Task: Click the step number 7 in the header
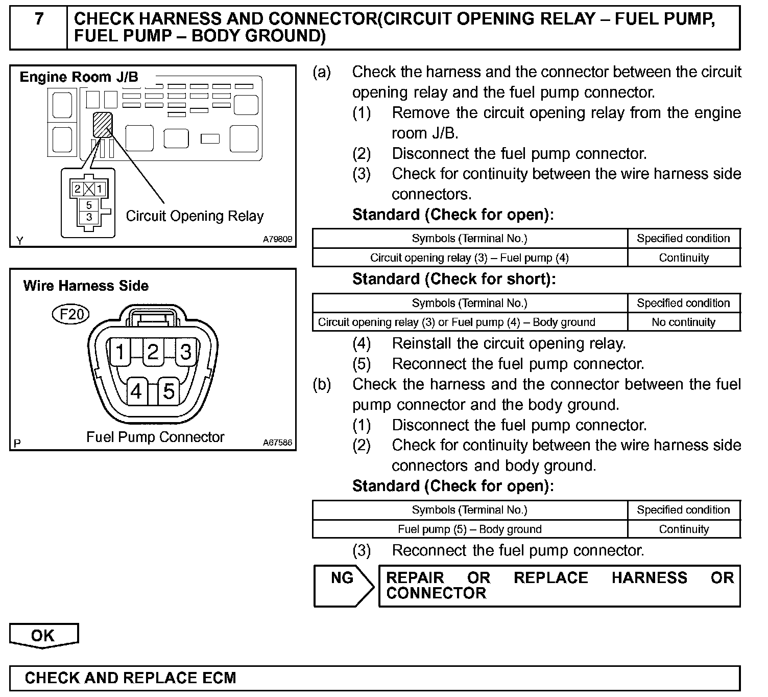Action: [39, 19]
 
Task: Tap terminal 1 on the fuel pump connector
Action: [120, 352]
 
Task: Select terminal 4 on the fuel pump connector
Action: [136, 391]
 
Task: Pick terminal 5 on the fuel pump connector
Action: [169, 391]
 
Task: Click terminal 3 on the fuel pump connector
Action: [186, 352]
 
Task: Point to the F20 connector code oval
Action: [71, 314]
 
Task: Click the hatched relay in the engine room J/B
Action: [102, 125]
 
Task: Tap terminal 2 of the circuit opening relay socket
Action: [77, 189]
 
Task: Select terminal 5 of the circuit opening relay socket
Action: [89, 205]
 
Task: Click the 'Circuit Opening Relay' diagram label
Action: [195, 216]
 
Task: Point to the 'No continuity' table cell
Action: [683, 322]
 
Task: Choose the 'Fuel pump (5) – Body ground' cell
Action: [469, 529]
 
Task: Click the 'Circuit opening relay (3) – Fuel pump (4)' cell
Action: [469, 258]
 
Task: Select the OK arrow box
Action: [43, 636]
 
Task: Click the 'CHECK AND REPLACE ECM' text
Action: [130, 678]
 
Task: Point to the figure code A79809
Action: [278, 239]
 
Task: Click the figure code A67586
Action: [278, 443]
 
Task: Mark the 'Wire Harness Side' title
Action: [86, 286]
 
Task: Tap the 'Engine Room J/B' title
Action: [79, 77]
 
